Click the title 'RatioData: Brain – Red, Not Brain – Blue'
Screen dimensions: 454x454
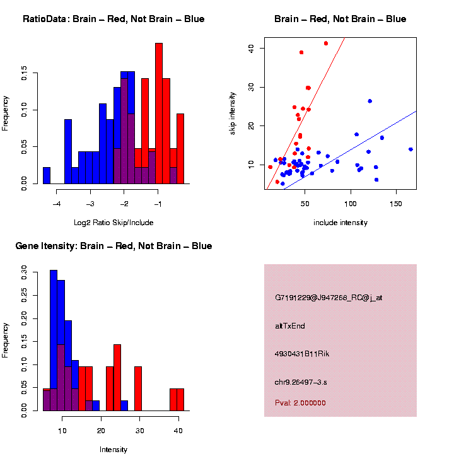[x=113, y=19]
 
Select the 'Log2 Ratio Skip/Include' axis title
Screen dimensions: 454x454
[x=113, y=223]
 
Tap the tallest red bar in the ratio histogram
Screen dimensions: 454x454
[x=159, y=113]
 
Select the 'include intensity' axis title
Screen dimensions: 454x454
[x=340, y=223]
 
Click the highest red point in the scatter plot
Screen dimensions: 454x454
[x=326, y=44]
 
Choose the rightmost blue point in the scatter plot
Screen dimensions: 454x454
[x=410, y=149]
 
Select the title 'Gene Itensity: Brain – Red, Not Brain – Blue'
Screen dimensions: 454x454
[x=113, y=246]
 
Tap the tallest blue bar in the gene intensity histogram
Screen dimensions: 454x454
[x=54, y=340]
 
